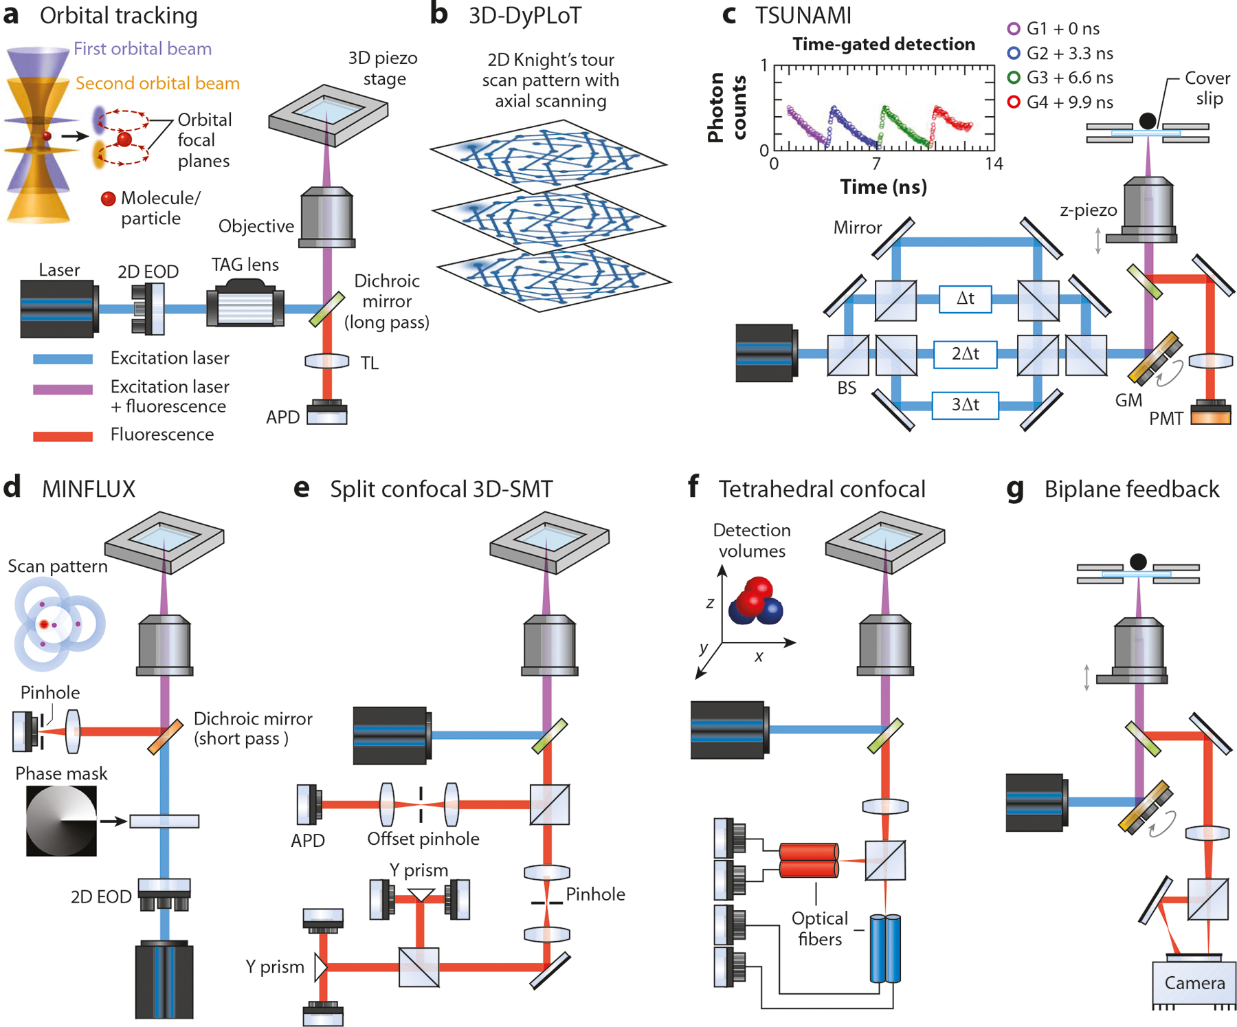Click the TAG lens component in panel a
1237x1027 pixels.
pyautogui.click(x=245, y=307)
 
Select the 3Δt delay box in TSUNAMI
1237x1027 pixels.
pyautogui.click(x=965, y=405)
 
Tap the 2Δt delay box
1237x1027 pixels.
pyautogui.click(x=965, y=354)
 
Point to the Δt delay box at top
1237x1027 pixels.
pyautogui.click(x=965, y=298)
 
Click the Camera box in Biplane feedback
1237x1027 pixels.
pyautogui.click(x=1194, y=983)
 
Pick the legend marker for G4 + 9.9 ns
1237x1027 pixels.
pyautogui.click(x=1014, y=102)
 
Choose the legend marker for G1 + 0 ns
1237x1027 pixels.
pyautogui.click(x=1014, y=29)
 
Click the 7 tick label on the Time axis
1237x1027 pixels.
pyautogui.click(x=876, y=164)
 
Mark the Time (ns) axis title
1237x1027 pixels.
pyautogui.click(x=883, y=187)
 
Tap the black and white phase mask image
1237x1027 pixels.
pyautogui.click(x=61, y=821)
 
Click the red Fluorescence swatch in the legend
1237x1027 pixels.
pyautogui.click(x=63, y=436)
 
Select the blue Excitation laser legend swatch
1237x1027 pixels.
pyautogui.click(x=63, y=359)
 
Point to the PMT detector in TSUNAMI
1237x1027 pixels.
pyautogui.click(x=1211, y=412)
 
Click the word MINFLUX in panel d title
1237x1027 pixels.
pyautogui.click(x=89, y=489)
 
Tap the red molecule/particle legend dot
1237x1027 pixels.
pyautogui.click(x=108, y=199)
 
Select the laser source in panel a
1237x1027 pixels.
pyautogui.click(x=59, y=309)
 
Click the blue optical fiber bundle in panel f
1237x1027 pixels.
pyautogui.click(x=885, y=949)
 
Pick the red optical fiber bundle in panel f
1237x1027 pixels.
pyautogui.click(x=809, y=861)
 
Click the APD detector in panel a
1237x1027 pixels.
pyautogui.click(x=327, y=412)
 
